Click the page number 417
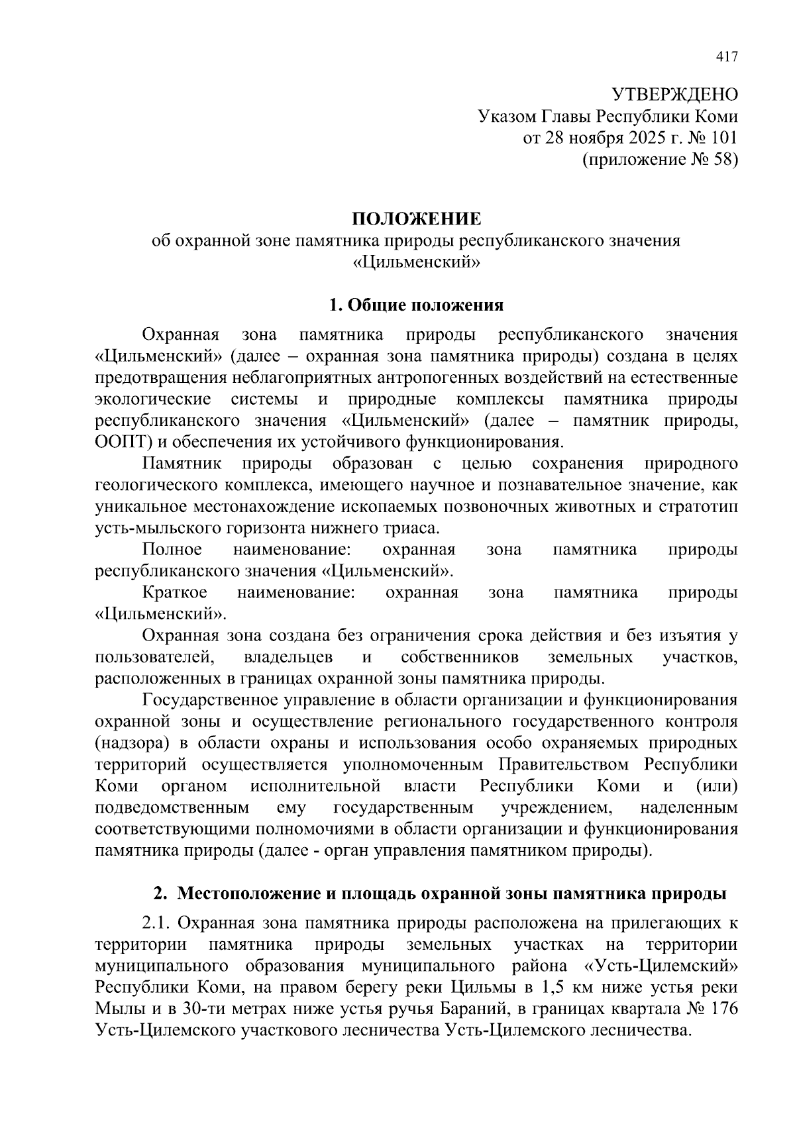click(726, 57)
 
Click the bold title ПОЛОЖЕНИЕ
click(416, 219)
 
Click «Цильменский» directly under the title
click(416, 262)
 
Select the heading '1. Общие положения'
click(416, 305)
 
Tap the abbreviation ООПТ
click(120, 442)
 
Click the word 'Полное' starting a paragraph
click(172, 550)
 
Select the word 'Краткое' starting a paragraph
click(174, 593)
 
